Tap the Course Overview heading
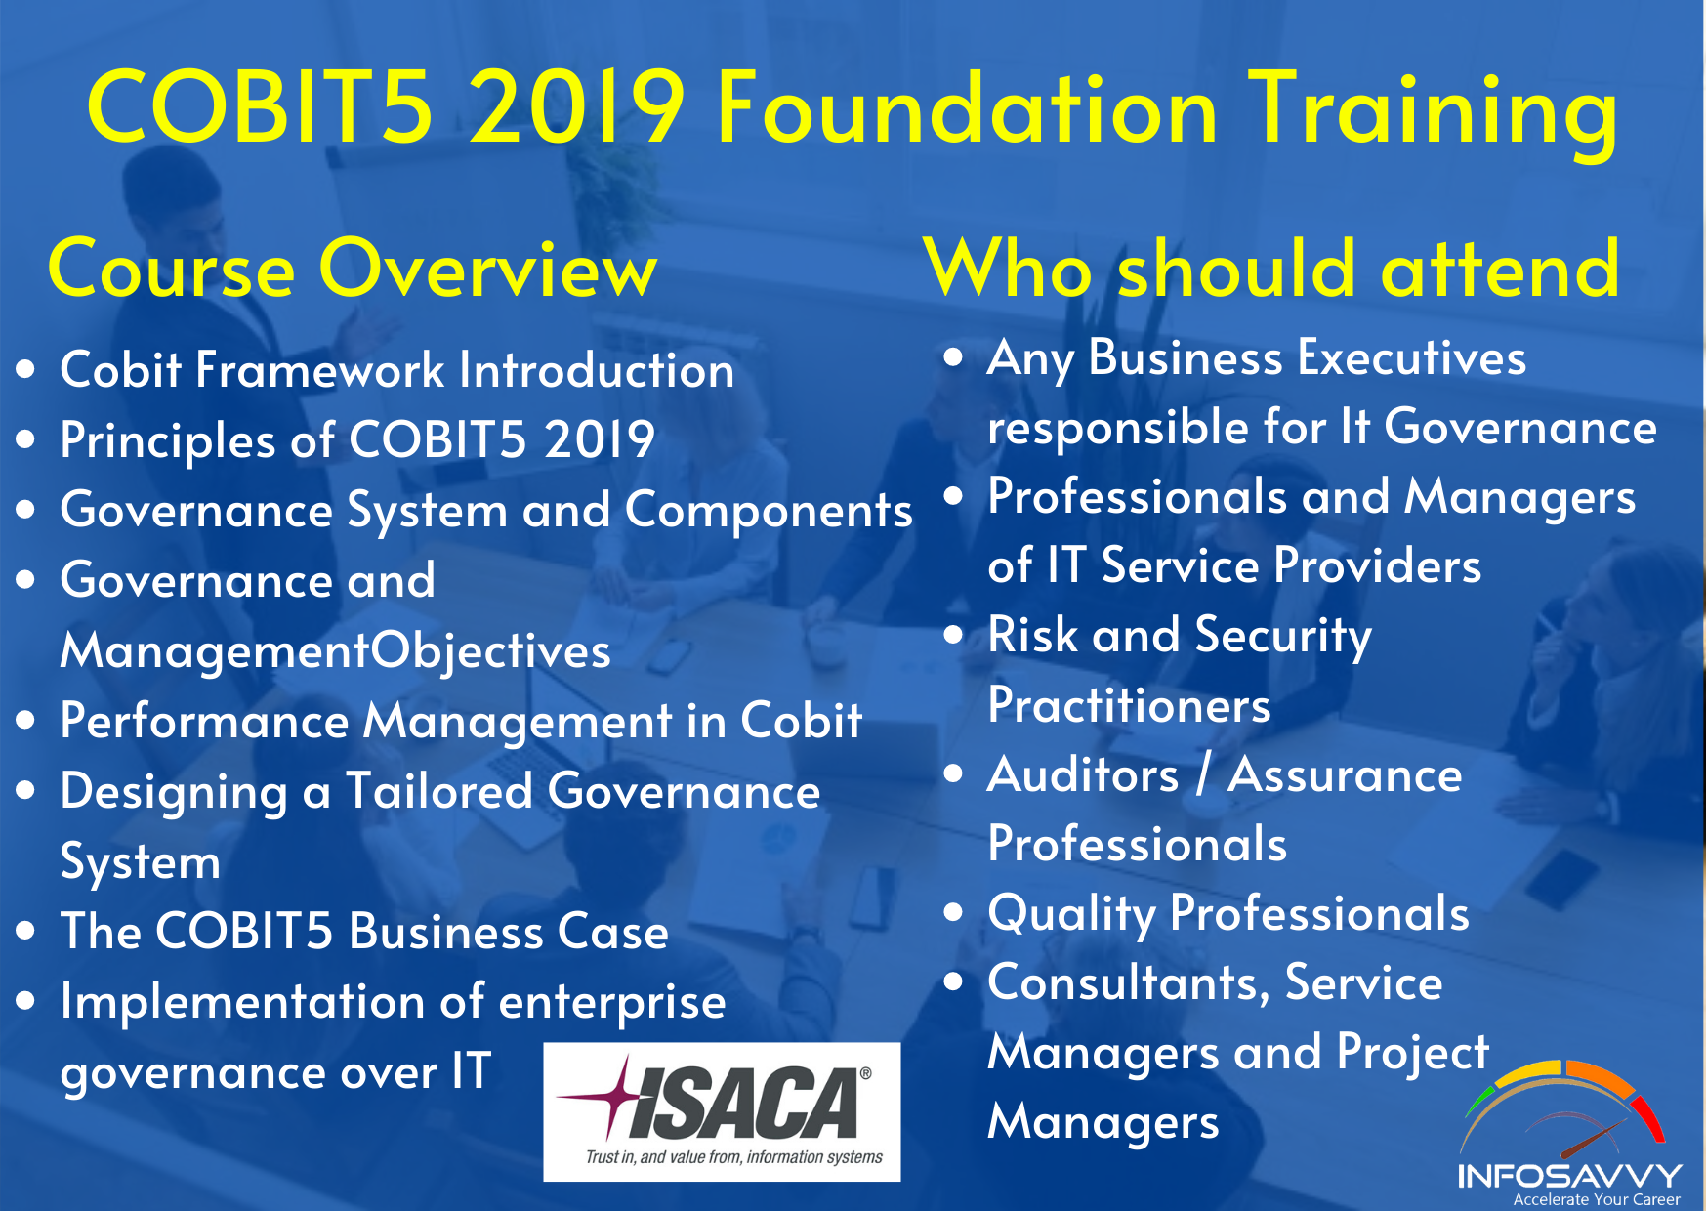[353, 269]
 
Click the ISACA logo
[722, 1111]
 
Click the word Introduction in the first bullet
[597, 370]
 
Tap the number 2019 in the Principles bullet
[600, 439]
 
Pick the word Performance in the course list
[205, 721]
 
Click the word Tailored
[439, 790]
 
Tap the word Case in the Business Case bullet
[612, 931]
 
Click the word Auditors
[1083, 775]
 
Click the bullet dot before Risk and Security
[954, 636]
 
